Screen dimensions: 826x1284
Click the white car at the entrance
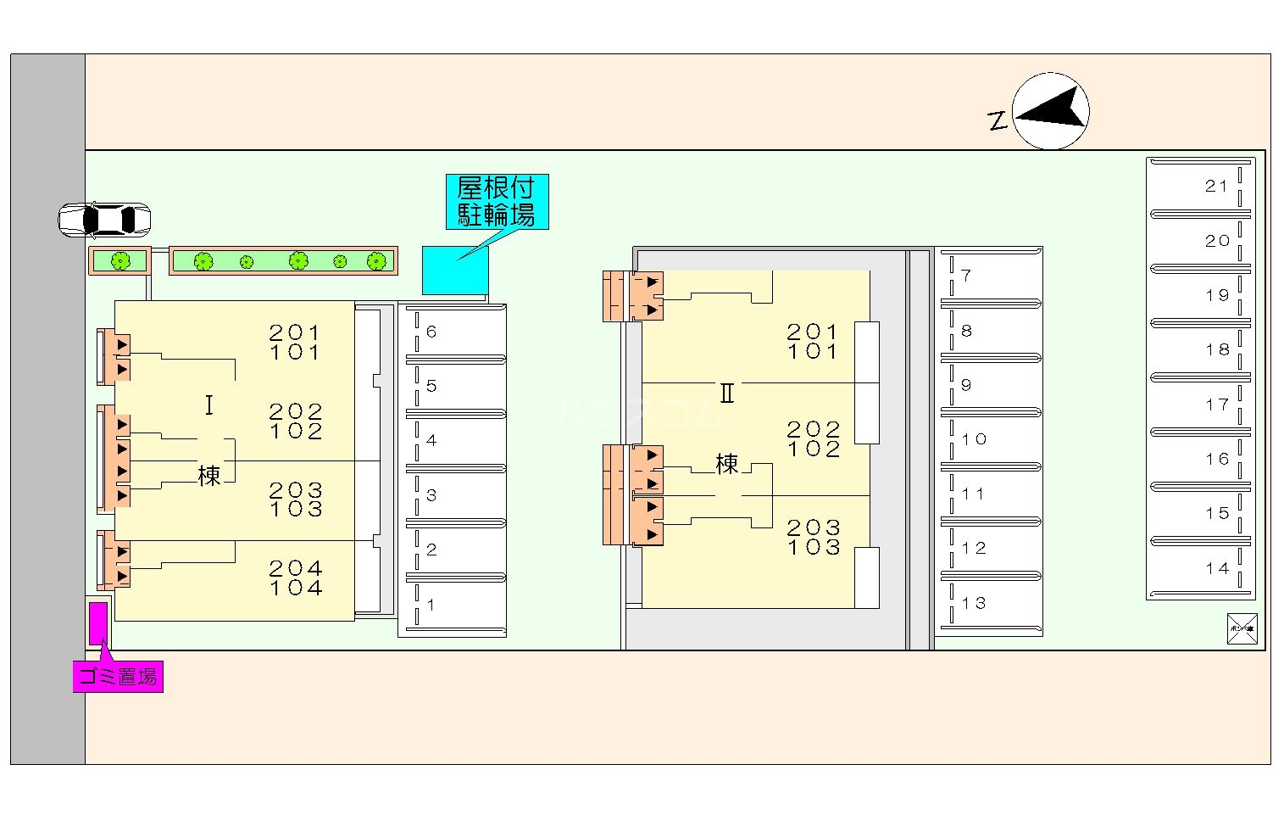(104, 220)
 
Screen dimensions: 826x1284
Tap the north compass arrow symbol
(1051, 111)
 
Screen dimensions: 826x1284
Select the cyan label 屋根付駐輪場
(497, 202)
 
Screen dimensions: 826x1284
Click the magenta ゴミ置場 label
(118, 677)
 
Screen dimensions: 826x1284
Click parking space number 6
(453, 332)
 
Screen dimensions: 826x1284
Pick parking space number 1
(453, 606)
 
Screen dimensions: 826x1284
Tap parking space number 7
(990, 276)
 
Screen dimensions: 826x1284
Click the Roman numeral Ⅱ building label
(726, 393)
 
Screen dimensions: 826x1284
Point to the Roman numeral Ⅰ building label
(208, 405)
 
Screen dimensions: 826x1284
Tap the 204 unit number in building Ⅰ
(296, 567)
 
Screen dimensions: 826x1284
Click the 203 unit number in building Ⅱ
(814, 527)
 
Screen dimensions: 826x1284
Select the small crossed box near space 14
(1242, 628)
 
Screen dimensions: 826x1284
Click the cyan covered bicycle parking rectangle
(455, 271)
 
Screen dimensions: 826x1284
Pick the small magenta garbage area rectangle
(98, 622)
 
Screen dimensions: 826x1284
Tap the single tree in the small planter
(120, 261)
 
